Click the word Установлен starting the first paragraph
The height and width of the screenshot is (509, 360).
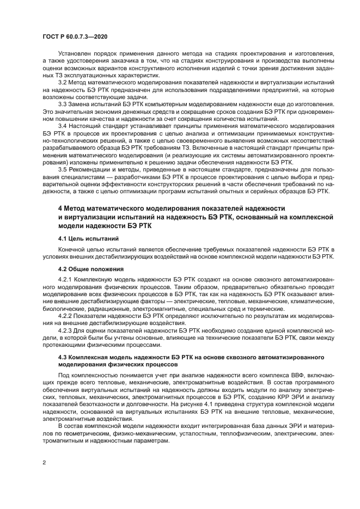click(x=74, y=54)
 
